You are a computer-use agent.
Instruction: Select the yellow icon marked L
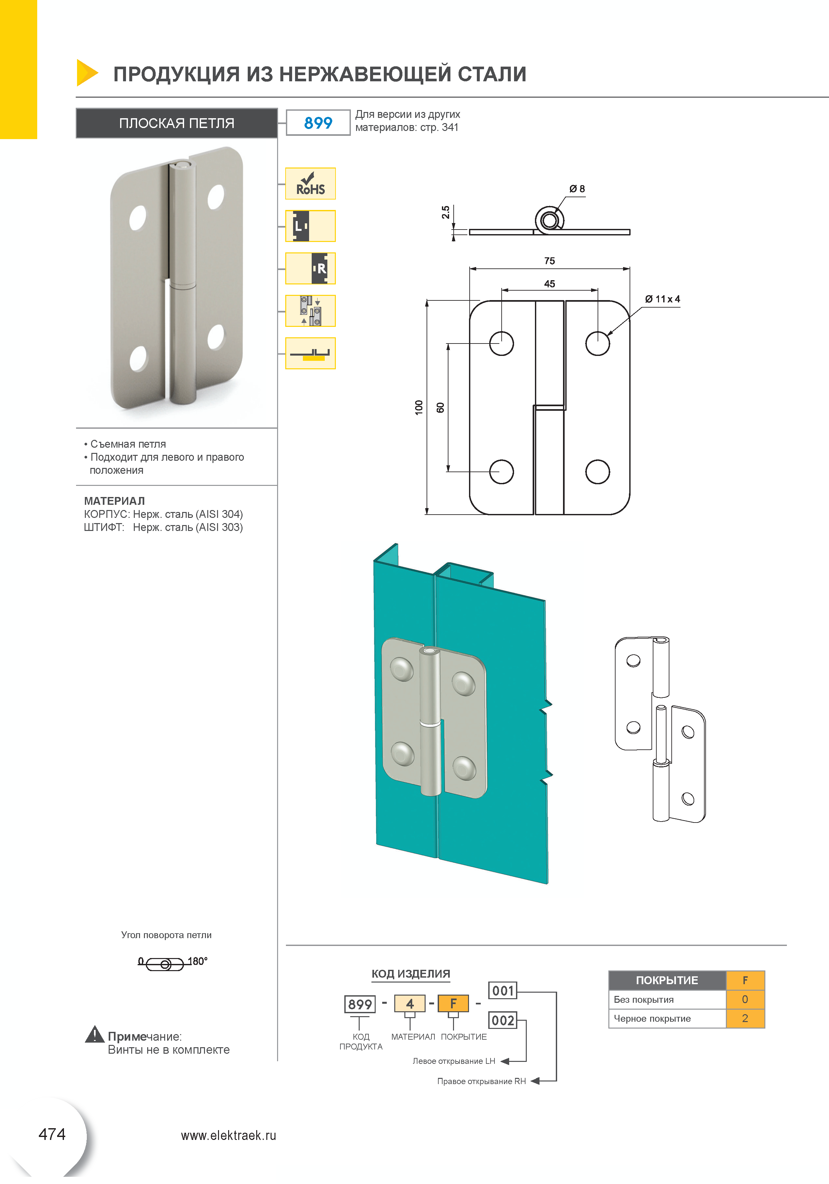pos(310,226)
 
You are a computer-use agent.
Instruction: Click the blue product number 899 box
pos(318,123)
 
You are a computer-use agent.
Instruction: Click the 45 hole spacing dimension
pos(550,284)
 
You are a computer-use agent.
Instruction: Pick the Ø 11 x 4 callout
pos(663,299)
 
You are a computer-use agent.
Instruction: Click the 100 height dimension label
pos(419,408)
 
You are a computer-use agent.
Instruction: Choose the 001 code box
pos(503,991)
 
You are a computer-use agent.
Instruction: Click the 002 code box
pos(503,1020)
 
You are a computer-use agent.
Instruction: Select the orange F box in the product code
pos(453,1003)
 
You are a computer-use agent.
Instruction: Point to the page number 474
pos(52,1134)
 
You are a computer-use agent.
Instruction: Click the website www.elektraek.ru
pos(228,1136)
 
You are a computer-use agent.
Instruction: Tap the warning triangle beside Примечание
pos(94,1034)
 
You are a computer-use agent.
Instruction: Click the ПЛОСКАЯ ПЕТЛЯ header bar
pos(177,123)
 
